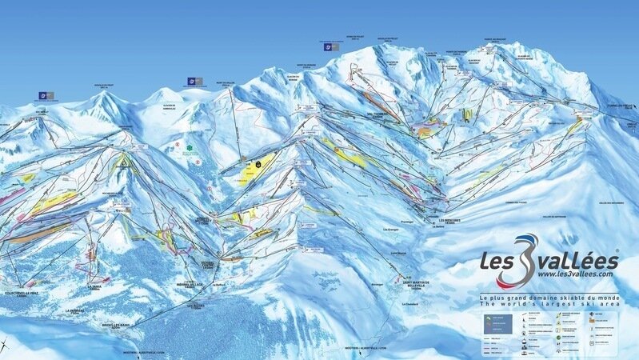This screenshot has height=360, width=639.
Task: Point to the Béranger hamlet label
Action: (x=379, y=282)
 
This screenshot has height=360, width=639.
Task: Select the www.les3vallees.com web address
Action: (x=549, y=274)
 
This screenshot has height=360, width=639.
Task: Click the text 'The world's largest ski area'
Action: (x=549, y=305)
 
